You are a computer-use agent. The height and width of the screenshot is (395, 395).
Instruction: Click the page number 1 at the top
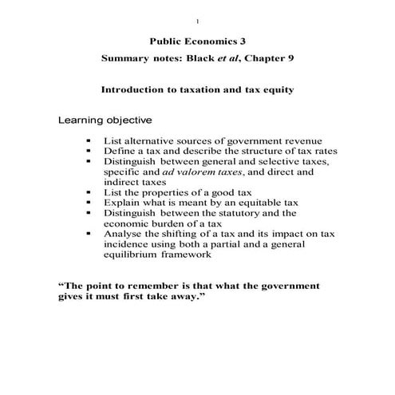[196, 20]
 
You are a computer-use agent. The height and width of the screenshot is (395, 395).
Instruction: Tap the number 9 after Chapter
[289, 60]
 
